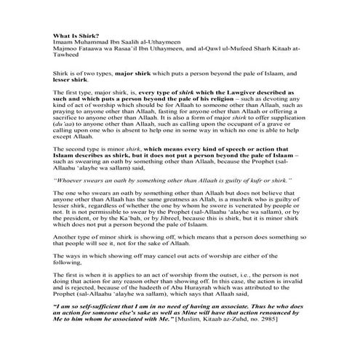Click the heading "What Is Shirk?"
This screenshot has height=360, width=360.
tap(75, 36)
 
